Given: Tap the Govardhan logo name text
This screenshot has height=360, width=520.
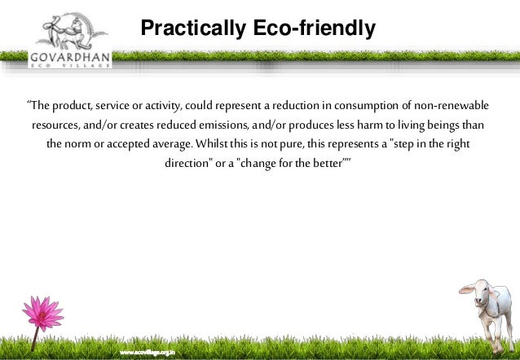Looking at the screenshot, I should (69, 58).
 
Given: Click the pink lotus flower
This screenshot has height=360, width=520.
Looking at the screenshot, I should (43, 313).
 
